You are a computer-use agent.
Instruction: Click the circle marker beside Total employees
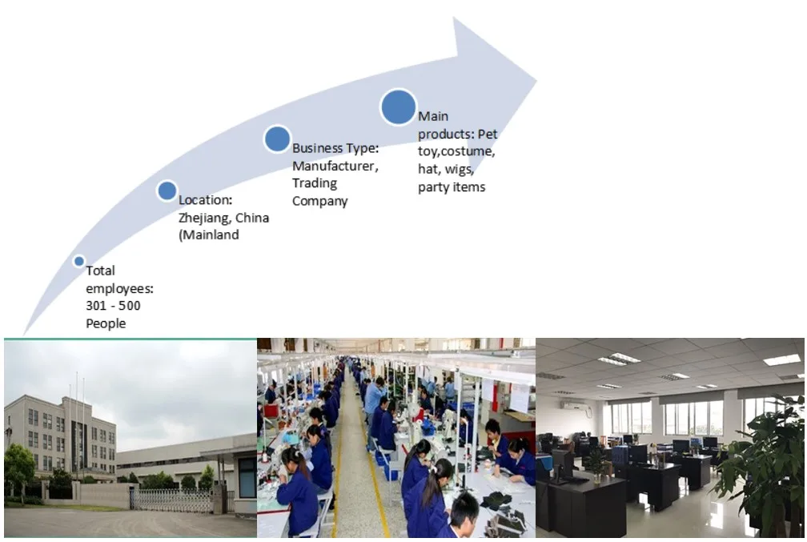pyautogui.click(x=78, y=261)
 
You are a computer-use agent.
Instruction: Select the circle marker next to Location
pyautogui.click(x=167, y=191)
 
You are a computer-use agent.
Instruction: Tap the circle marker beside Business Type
pyautogui.click(x=277, y=139)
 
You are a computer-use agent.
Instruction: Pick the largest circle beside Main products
pyautogui.click(x=398, y=106)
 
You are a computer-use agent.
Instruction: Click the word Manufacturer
pyautogui.click(x=334, y=166)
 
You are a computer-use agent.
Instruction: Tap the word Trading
pyautogui.click(x=315, y=183)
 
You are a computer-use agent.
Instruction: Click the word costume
pyautogui.click(x=468, y=151)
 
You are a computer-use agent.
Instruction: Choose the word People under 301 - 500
pyautogui.click(x=106, y=323)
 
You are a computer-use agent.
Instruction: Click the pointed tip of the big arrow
pyautogui.click(x=535, y=79)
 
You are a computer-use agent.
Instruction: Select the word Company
pyautogui.click(x=319, y=201)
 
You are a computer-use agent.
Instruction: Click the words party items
pyautogui.click(x=452, y=187)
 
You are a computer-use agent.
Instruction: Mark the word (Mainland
pyautogui.click(x=209, y=235)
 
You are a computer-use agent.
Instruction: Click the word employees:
pyautogui.click(x=119, y=288)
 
